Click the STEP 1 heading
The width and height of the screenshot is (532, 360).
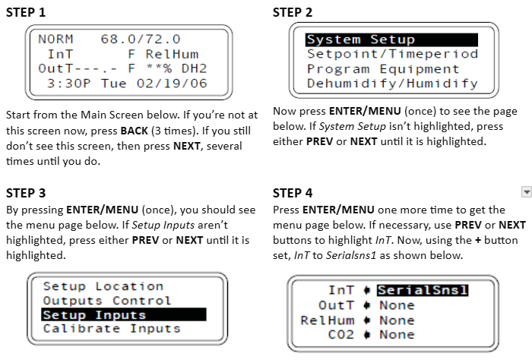(x=26, y=12)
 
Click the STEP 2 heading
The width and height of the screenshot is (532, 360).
(x=293, y=12)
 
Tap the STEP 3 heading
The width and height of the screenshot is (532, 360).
(x=26, y=193)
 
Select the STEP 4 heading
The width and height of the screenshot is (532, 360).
(x=293, y=193)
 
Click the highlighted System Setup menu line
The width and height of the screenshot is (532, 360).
(x=391, y=39)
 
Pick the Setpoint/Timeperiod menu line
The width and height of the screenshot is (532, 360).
(x=393, y=54)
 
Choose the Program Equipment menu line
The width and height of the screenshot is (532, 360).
(x=383, y=69)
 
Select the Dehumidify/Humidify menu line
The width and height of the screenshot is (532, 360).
(x=393, y=84)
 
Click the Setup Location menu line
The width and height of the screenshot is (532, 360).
(x=103, y=286)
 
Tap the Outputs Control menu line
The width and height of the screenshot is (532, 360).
(x=107, y=301)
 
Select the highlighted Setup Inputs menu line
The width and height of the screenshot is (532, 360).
(x=123, y=314)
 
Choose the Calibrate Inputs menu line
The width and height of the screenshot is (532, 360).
(x=112, y=328)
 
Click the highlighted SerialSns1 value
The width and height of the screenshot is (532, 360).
(x=423, y=290)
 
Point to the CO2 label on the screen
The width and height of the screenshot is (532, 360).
(x=341, y=335)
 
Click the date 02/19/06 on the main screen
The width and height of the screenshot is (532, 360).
(x=172, y=84)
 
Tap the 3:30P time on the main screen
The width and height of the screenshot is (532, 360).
(x=69, y=84)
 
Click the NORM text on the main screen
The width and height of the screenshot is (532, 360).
(x=55, y=39)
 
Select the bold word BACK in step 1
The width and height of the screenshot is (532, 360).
(x=134, y=131)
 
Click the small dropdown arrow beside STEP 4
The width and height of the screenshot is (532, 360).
(x=526, y=192)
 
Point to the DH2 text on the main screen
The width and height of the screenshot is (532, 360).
(x=194, y=68)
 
